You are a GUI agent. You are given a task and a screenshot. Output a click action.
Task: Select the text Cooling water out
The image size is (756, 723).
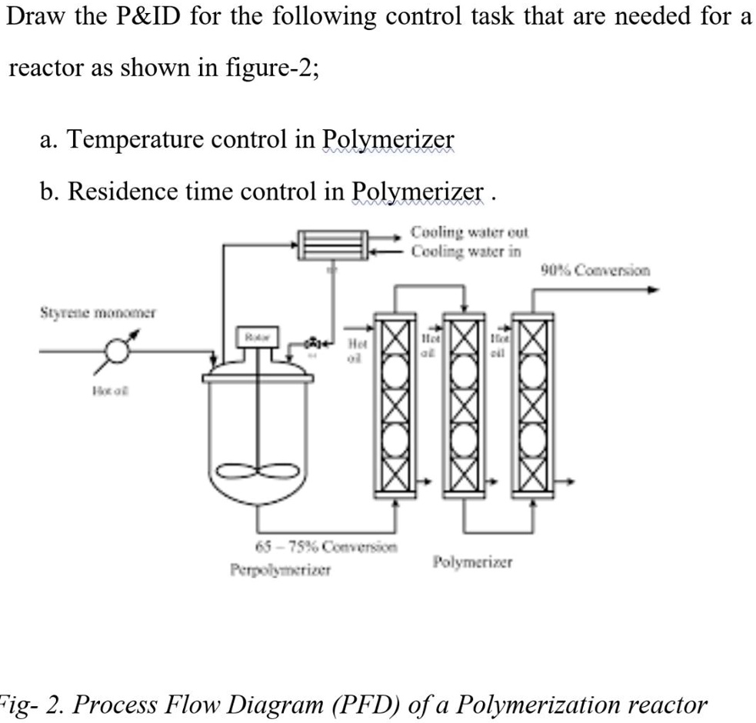tap(469, 232)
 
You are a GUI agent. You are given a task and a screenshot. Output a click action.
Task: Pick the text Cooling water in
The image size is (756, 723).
tap(465, 251)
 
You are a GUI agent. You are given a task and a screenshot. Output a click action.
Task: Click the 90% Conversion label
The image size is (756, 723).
tap(595, 270)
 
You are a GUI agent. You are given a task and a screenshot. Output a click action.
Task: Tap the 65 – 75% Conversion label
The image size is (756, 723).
tap(325, 548)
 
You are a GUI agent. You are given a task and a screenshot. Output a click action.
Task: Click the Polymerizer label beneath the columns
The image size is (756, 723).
tap(472, 562)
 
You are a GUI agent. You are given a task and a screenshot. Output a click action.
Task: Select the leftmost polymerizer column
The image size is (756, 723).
tap(395, 404)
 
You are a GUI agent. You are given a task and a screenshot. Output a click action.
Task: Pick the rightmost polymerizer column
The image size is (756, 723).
tap(535, 404)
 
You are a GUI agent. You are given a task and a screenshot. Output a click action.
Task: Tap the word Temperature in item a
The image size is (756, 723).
tap(138, 140)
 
